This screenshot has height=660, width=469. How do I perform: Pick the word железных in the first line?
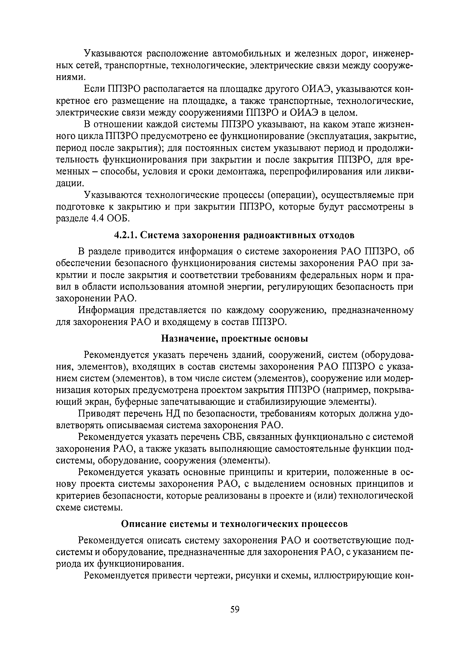tap(316, 54)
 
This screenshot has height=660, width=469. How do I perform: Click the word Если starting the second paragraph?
tap(94, 89)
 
